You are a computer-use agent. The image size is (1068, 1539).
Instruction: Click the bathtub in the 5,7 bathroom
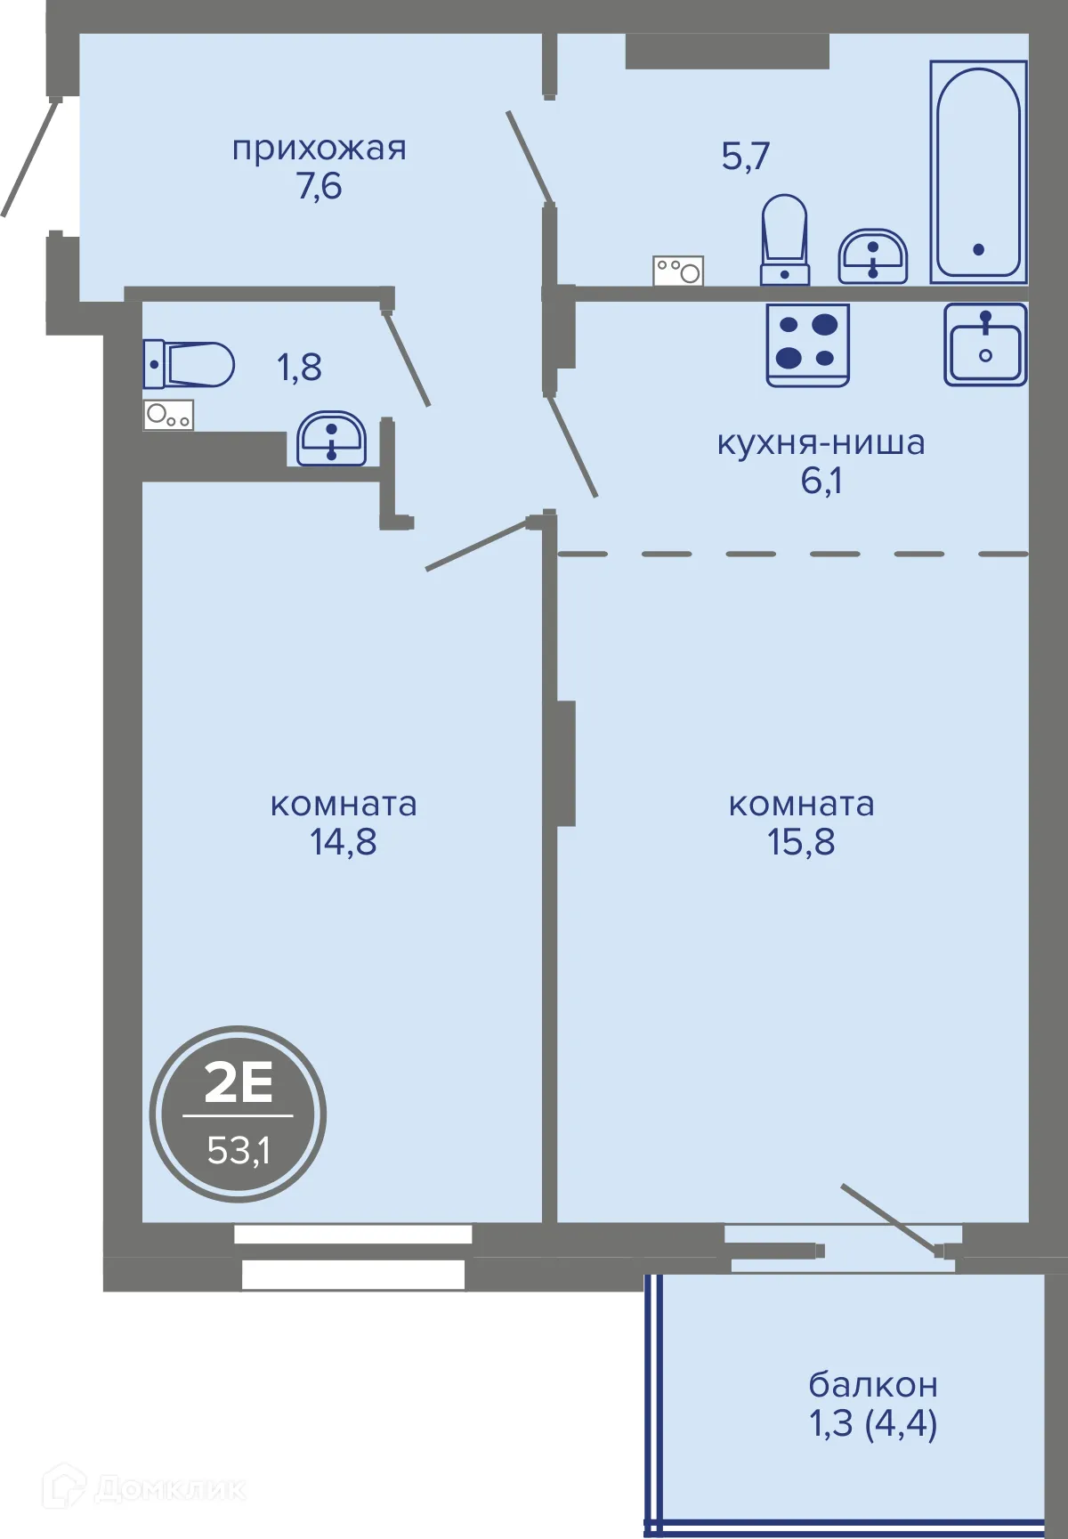click(x=978, y=172)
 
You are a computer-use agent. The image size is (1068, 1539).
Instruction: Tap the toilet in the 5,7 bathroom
click(x=784, y=239)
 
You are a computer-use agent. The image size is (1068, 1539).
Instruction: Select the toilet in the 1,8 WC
click(x=190, y=364)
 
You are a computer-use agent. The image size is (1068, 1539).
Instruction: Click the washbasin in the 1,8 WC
click(x=331, y=438)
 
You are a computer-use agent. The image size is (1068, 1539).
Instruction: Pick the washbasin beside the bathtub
click(x=872, y=256)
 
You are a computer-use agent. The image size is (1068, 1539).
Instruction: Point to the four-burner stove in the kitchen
click(x=807, y=344)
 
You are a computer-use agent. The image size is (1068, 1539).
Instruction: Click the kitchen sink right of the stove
click(x=985, y=344)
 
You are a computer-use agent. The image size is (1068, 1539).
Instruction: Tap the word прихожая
click(x=319, y=148)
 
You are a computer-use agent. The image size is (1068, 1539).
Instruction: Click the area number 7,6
click(x=319, y=186)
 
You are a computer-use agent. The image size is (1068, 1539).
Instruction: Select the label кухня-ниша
click(x=821, y=442)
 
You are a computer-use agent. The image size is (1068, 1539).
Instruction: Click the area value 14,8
click(x=343, y=842)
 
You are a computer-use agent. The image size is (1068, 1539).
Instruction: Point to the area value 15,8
click(x=801, y=842)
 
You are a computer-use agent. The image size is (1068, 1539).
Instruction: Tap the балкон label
click(x=872, y=1385)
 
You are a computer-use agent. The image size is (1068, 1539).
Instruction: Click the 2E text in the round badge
click(x=238, y=1082)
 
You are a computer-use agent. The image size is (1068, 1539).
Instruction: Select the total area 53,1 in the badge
click(x=238, y=1150)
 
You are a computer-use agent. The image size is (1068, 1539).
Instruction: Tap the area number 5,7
click(x=745, y=157)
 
